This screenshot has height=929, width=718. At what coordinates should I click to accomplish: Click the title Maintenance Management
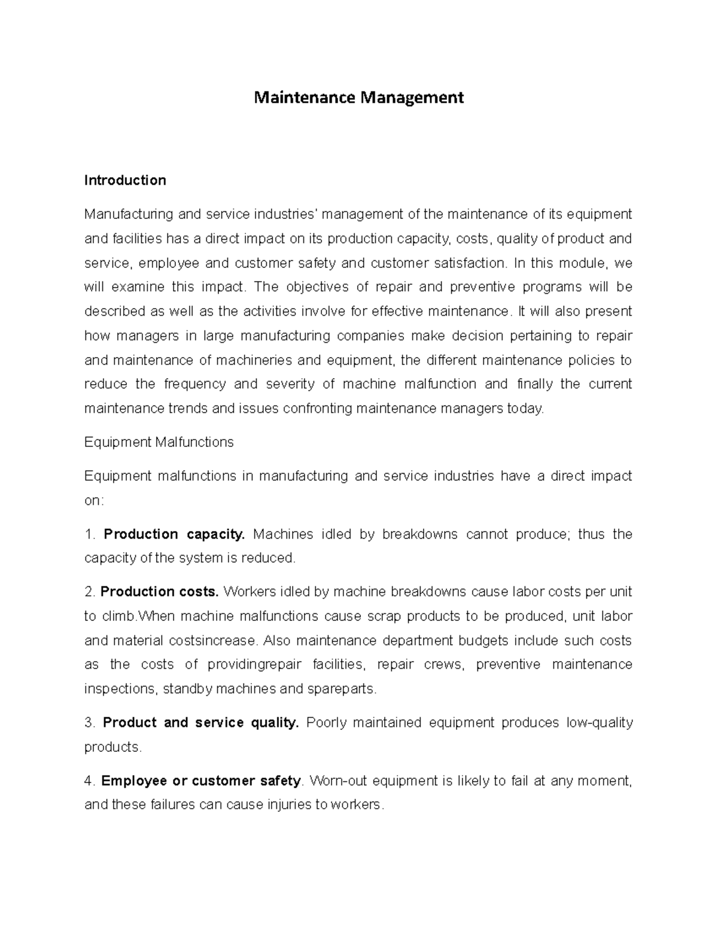coord(358,98)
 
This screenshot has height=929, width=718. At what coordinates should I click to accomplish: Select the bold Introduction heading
coord(125,181)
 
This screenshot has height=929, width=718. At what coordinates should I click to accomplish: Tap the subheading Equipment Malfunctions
coord(159,443)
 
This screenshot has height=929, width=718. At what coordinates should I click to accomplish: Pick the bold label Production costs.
coord(160,592)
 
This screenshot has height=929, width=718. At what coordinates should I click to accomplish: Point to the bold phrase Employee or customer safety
coord(202,781)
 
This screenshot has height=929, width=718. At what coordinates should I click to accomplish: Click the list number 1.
coord(90,534)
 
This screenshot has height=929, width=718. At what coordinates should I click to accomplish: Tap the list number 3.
coord(90,723)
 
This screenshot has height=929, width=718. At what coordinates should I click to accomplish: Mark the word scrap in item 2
coord(384,616)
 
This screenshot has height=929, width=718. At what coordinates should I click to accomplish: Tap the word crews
coord(446,665)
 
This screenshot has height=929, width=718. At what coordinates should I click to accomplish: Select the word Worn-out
coord(338,781)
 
